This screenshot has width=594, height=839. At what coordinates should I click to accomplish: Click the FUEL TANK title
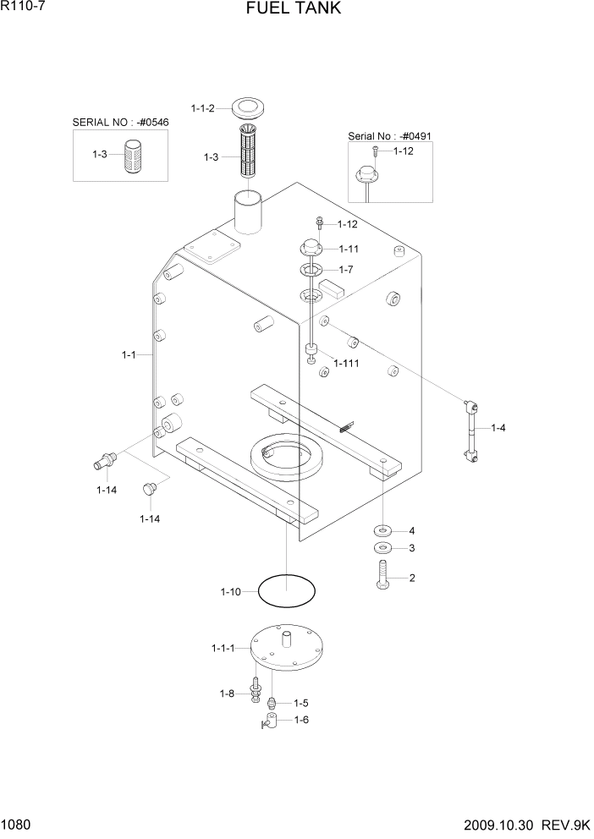click(294, 9)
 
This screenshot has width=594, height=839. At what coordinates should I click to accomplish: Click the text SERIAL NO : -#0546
click(121, 123)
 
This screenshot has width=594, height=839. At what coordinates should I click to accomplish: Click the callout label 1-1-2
click(203, 108)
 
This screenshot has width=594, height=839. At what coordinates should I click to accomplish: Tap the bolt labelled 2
click(383, 579)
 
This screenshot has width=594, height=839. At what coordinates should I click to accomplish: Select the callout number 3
click(412, 549)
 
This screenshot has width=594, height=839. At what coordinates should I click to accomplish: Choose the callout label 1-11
click(349, 249)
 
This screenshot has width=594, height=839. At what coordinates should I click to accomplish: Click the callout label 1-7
click(345, 269)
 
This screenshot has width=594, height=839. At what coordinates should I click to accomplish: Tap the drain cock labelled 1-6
click(271, 721)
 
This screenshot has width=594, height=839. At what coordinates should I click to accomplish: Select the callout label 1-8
click(226, 694)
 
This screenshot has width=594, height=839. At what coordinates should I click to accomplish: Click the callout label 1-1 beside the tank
click(129, 355)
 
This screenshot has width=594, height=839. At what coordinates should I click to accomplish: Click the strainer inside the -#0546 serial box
click(133, 156)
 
